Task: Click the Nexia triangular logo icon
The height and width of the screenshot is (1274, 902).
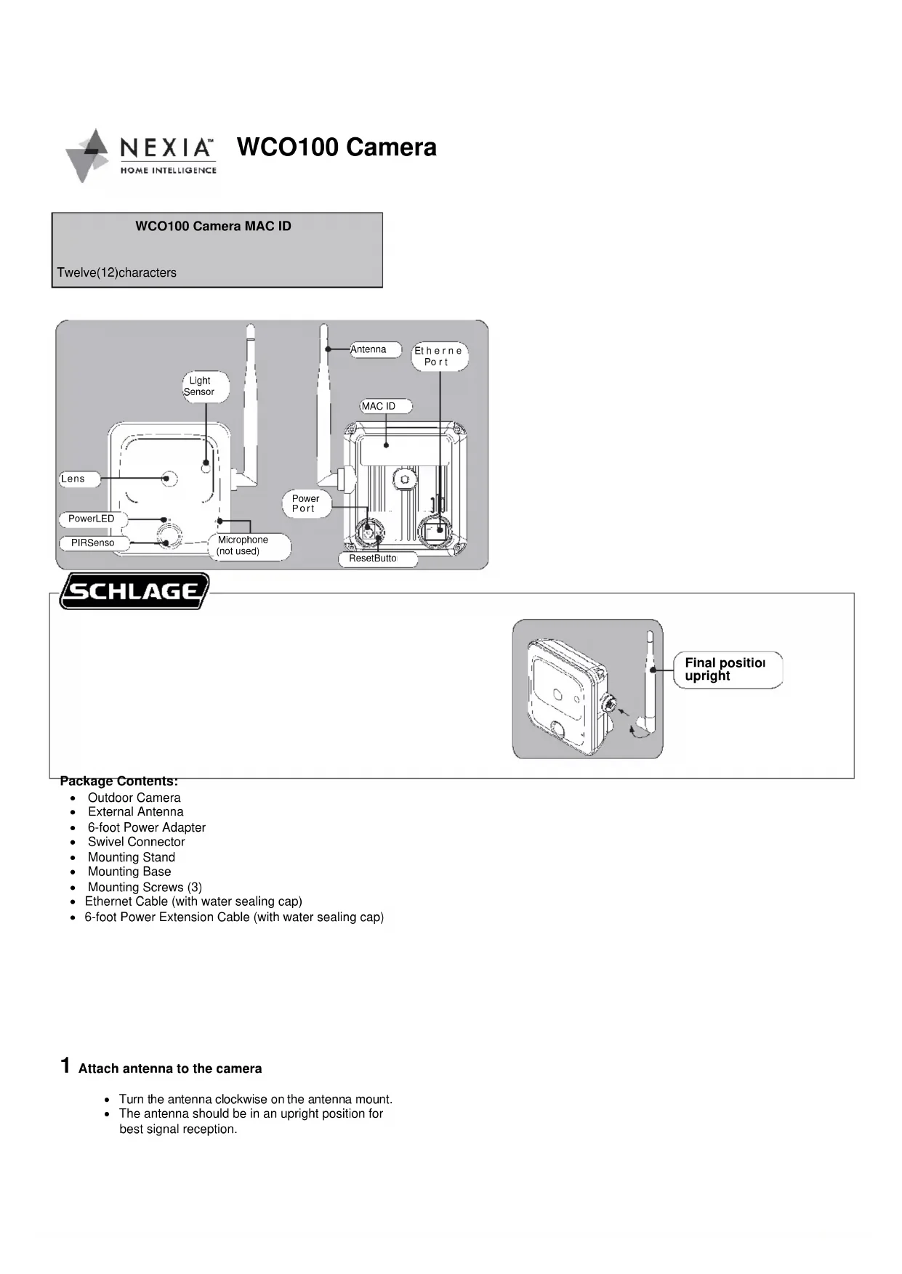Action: [86, 155]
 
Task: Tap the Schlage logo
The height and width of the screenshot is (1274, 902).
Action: [134, 591]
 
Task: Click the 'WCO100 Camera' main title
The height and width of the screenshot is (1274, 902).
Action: [337, 147]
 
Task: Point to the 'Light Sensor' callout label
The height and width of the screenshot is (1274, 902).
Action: [200, 386]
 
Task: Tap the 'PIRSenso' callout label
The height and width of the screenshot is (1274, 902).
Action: [92, 543]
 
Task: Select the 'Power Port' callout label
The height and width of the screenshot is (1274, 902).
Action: [305, 503]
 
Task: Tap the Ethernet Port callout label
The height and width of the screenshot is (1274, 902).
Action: [438, 357]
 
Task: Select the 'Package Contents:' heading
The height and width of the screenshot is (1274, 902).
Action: [119, 782]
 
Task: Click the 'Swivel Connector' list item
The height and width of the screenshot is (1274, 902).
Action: [137, 842]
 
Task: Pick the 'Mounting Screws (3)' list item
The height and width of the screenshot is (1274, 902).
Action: [145, 887]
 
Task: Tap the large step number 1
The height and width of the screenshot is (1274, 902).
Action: [65, 1066]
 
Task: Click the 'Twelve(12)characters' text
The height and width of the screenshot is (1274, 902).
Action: [117, 273]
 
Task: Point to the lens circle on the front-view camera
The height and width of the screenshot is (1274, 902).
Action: [169, 478]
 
